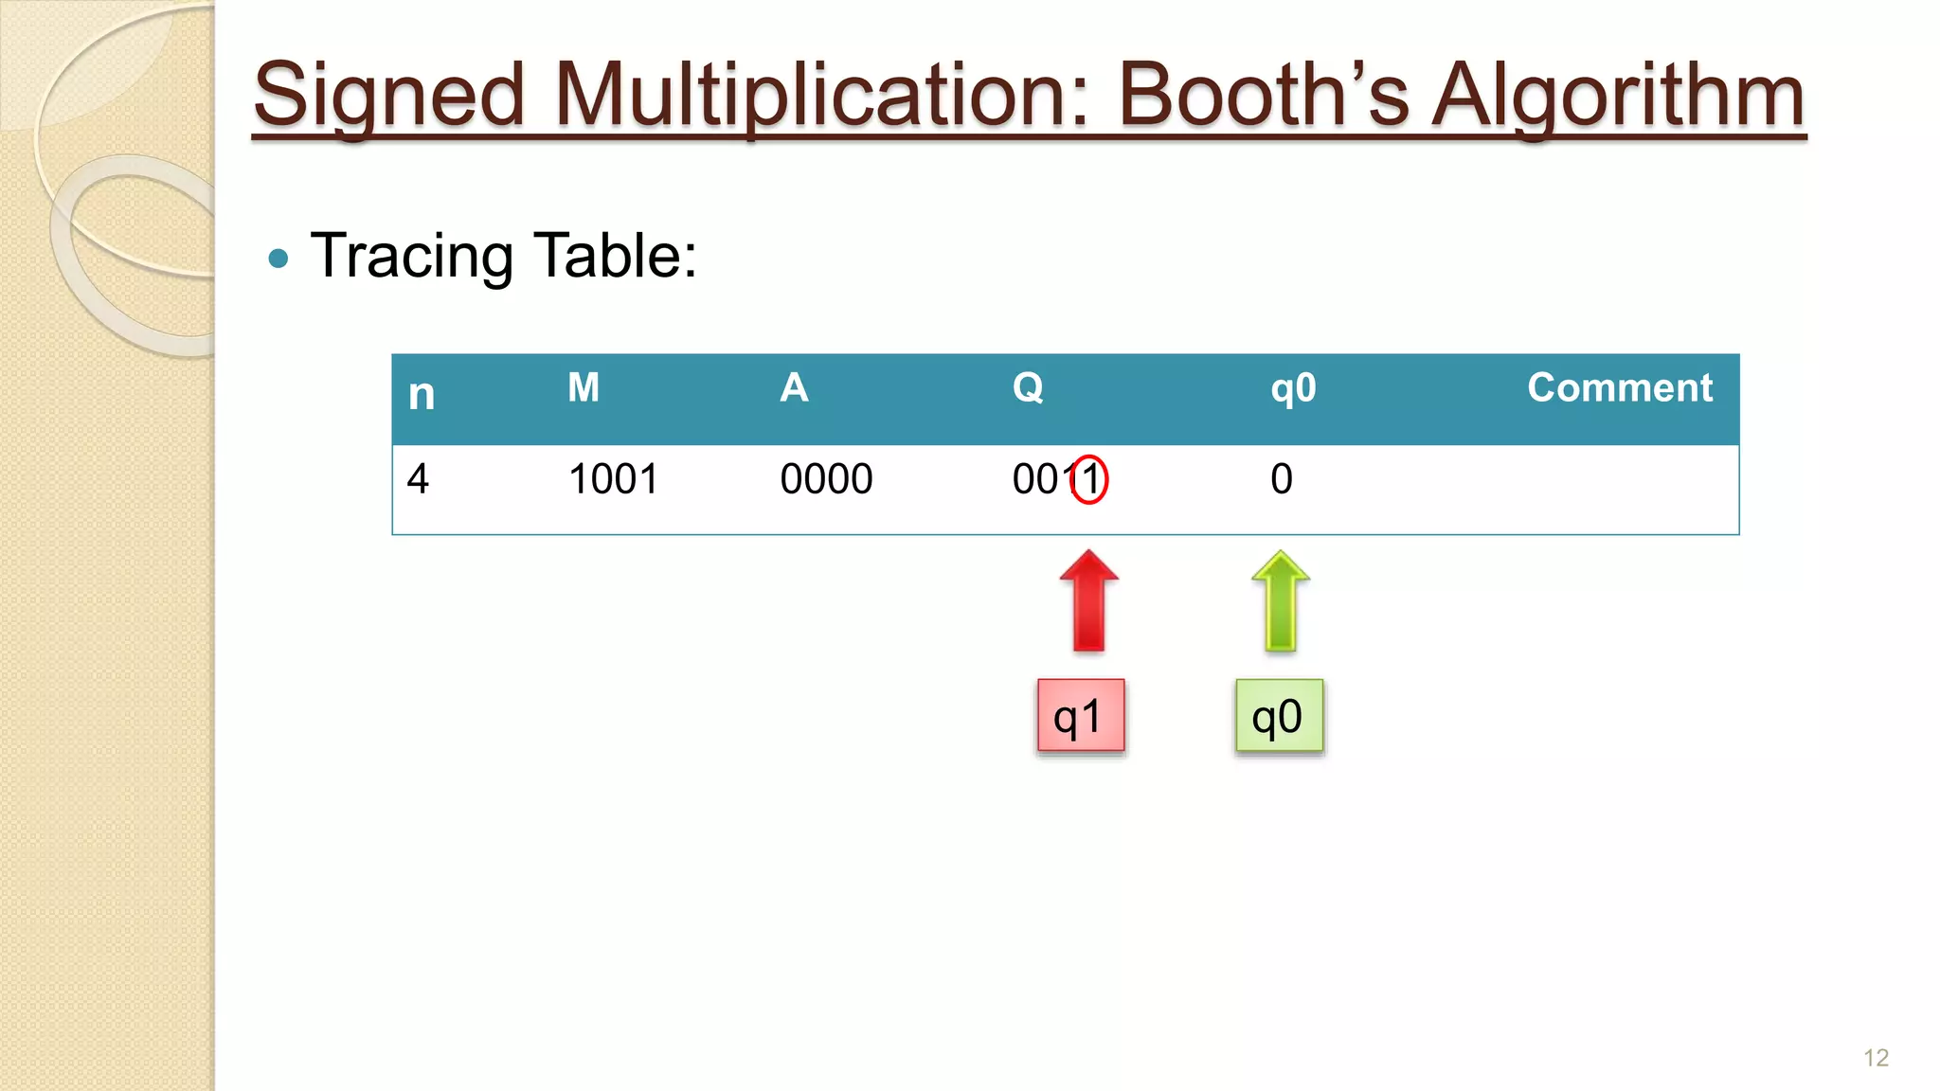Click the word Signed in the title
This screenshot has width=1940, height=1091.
pyautogui.click(x=388, y=96)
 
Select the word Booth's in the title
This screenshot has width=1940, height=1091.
pyautogui.click(x=1264, y=96)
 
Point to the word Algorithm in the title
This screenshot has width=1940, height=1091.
pyautogui.click(x=1617, y=96)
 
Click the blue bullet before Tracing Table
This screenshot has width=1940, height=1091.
pyautogui.click(x=278, y=258)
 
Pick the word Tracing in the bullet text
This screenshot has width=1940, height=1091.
pyautogui.click(x=412, y=256)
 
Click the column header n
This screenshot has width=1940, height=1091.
pyautogui.click(x=422, y=394)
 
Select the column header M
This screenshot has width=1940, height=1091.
pyautogui.click(x=584, y=387)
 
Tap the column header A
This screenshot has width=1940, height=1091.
pyautogui.click(x=794, y=387)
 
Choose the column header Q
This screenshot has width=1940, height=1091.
pyautogui.click(x=1028, y=387)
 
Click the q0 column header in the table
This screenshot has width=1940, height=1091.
pyautogui.click(x=1293, y=388)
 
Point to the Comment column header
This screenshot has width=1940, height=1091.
pyautogui.click(x=1620, y=387)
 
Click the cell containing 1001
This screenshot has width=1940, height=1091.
pyautogui.click(x=613, y=479)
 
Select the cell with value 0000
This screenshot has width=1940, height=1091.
pyautogui.click(x=826, y=479)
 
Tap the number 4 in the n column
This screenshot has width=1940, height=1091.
pyautogui.click(x=418, y=479)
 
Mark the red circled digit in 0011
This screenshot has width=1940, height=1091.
pyautogui.click(x=1089, y=479)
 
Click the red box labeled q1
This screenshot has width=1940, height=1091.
pyautogui.click(x=1081, y=716)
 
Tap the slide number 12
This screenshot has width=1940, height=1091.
pyautogui.click(x=1876, y=1058)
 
